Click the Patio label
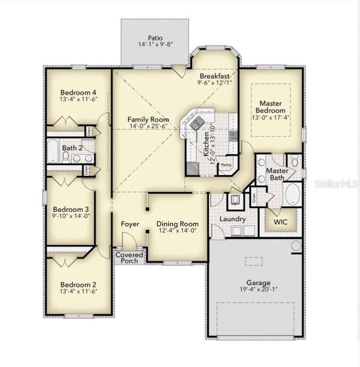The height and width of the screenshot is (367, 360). (155, 37)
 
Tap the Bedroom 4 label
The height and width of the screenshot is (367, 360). (79, 92)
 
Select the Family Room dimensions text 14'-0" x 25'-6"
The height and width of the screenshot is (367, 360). (148, 126)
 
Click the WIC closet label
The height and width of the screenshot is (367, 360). (281, 222)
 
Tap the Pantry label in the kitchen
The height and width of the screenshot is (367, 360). (226, 166)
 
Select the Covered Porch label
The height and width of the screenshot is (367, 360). (129, 258)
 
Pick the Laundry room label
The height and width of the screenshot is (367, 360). (233, 219)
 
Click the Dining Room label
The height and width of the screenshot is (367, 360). (178, 224)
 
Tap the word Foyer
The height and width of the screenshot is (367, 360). (130, 224)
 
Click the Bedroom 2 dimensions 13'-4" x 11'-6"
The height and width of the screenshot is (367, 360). (79, 290)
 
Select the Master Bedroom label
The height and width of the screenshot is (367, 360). (270, 107)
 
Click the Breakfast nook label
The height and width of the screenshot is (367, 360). (215, 76)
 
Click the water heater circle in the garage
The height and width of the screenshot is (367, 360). (296, 246)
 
